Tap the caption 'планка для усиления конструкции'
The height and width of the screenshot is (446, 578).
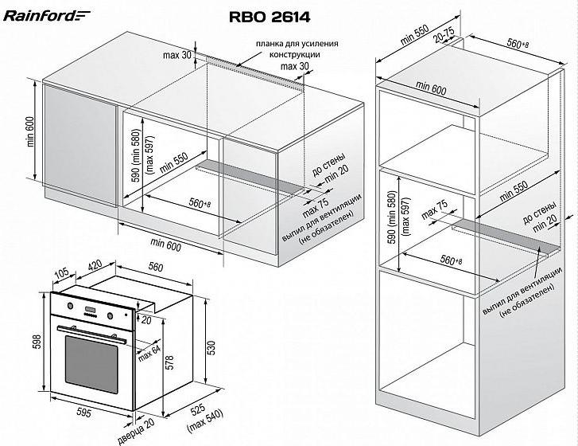[x=297, y=48]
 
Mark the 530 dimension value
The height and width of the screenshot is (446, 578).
[x=211, y=348]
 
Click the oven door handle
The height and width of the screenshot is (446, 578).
[x=93, y=328]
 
